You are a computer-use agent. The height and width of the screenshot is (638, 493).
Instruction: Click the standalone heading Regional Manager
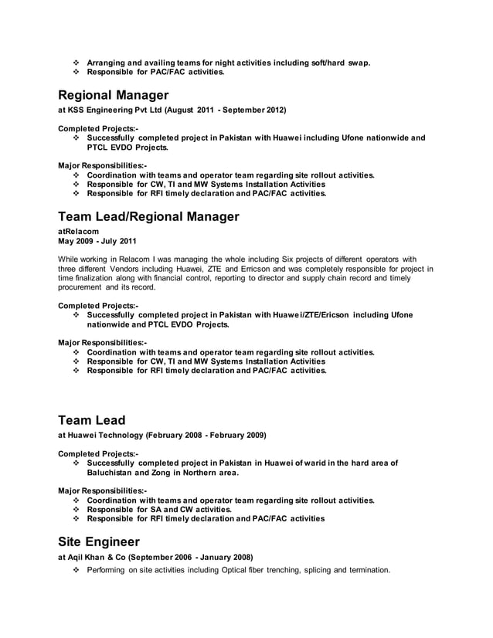[114, 96]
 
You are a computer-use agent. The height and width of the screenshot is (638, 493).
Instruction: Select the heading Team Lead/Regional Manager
[148, 216]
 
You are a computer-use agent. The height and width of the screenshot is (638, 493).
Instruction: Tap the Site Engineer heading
[99, 541]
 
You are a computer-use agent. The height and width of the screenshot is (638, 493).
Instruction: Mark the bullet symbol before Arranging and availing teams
[76, 62]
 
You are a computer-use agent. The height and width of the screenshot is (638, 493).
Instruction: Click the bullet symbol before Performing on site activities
[76, 571]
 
